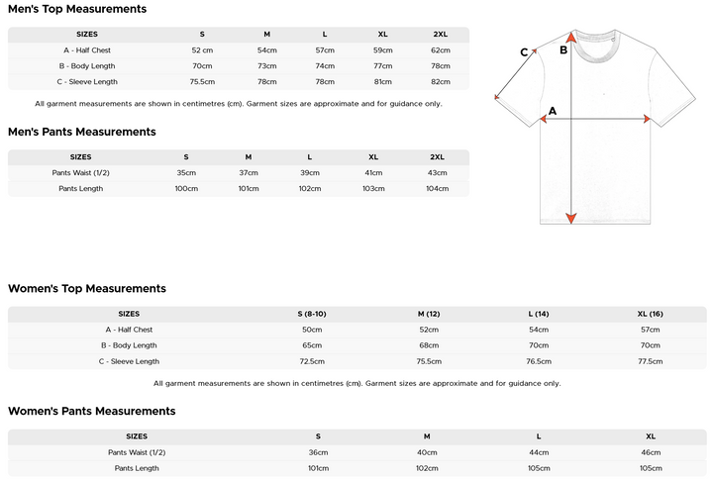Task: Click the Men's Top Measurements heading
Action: tap(77, 9)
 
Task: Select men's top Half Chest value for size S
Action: tap(202, 50)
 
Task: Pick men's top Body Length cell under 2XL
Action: tap(440, 66)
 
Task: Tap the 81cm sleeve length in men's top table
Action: tap(382, 82)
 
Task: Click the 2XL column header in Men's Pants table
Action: tap(437, 156)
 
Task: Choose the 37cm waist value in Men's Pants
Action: tap(248, 172)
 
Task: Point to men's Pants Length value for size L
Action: tap(310, 188)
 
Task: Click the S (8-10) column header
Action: tap(312, 314)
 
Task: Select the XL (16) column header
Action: tap(651, 314)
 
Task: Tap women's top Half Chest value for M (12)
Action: tap(429, 330)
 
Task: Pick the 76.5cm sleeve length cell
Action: tap(539, 361)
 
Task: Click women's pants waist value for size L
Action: tap(539, 452)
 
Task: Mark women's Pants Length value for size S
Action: tap(318, 468)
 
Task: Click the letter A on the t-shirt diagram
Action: tap(553, 111)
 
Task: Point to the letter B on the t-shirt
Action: tap(562, 49)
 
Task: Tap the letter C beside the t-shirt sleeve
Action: tap(525, 53)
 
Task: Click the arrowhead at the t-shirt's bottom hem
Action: tap(571, 218)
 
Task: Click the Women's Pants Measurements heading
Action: tap(92, 411)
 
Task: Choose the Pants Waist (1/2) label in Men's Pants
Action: tap(81, 172)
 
